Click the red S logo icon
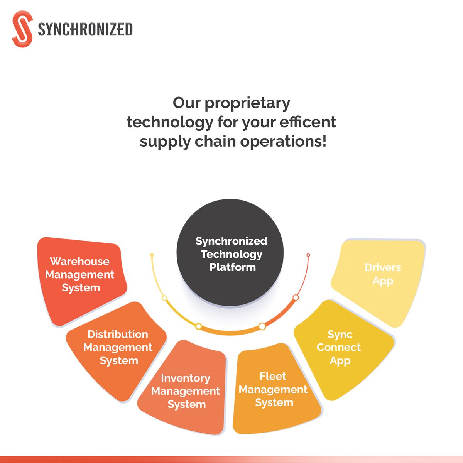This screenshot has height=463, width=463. (22, 29)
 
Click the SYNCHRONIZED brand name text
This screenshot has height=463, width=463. (85, 30)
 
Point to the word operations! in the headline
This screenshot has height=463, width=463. (283, 142)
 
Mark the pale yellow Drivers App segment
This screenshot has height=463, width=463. (380, 278)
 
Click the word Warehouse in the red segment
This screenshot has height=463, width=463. (79, 262)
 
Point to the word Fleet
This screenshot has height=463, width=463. (273, 376)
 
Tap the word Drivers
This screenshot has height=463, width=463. (383, 267)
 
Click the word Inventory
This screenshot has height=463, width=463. (186, 378)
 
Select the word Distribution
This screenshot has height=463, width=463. (118, 334)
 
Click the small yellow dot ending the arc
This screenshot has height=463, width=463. (152, 255)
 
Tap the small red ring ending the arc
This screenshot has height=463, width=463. (308, 255)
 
